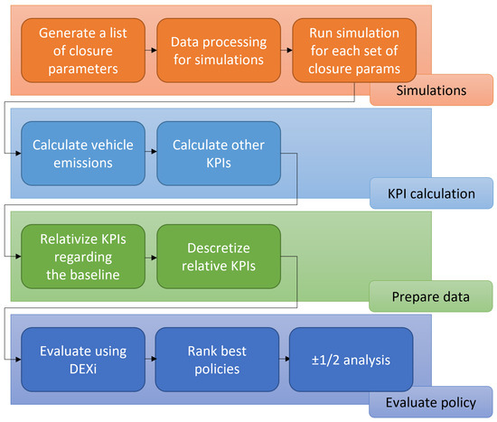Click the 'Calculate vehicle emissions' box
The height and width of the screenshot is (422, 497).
(84, 153)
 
